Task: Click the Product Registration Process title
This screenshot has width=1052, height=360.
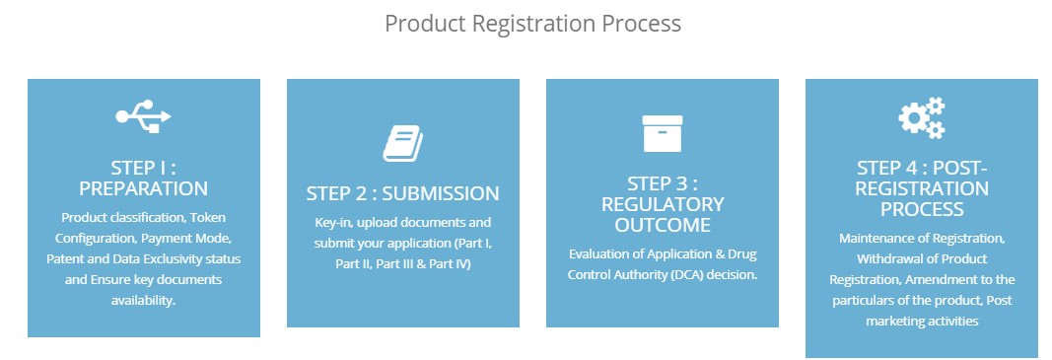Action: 532,24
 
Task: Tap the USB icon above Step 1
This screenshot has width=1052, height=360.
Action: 144,116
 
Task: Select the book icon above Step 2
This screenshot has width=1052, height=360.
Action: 402,143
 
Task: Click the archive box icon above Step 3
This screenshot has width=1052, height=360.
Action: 663,133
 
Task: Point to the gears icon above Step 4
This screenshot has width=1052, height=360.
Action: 922,117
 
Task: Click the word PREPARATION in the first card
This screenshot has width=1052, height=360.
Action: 144,188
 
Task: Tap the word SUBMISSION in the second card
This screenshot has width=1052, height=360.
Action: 441,193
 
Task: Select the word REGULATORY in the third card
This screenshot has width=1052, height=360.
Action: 663,204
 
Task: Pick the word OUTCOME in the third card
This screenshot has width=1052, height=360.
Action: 663,225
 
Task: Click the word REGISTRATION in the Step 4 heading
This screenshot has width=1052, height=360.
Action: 922,188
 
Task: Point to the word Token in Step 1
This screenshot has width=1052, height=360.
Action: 209,218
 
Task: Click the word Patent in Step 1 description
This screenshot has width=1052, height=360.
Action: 64,258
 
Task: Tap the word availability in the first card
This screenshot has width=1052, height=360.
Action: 144,300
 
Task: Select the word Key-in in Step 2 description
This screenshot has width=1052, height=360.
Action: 330,222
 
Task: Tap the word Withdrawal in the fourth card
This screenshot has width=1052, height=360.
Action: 886,259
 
